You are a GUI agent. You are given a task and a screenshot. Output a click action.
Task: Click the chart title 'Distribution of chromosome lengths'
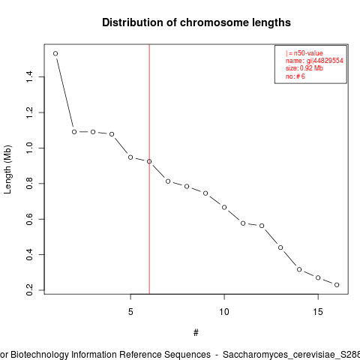(196, 22)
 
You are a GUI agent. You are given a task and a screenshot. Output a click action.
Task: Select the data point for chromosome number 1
(55, 53)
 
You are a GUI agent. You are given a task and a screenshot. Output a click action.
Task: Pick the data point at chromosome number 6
(149, 161)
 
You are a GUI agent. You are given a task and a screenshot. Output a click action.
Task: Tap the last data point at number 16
(337, 285)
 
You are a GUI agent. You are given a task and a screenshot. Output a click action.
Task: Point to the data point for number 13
(280, 247)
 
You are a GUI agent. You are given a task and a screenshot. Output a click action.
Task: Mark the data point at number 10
(224, 207)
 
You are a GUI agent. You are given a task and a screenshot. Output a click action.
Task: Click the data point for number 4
(112, 134)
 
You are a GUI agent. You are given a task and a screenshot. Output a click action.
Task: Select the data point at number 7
(168, 181)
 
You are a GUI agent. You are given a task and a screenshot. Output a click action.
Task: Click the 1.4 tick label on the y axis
(29, 76)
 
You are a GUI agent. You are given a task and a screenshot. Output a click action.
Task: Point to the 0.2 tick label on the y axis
(29, 290)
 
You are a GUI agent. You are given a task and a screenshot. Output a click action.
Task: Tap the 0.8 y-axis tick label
(29, 184)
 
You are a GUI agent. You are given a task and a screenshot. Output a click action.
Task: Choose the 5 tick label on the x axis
(130, 312)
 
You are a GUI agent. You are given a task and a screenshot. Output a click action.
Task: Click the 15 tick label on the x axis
(318, 312)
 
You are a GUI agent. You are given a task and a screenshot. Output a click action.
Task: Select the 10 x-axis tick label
(224, 312)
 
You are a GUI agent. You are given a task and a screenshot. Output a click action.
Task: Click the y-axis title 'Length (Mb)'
(7, 169)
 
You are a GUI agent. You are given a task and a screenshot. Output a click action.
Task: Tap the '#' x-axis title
(196, 333)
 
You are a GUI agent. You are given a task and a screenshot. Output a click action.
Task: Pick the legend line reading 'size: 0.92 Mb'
(304, 68)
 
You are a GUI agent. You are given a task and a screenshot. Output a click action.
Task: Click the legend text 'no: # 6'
(295, 76)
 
